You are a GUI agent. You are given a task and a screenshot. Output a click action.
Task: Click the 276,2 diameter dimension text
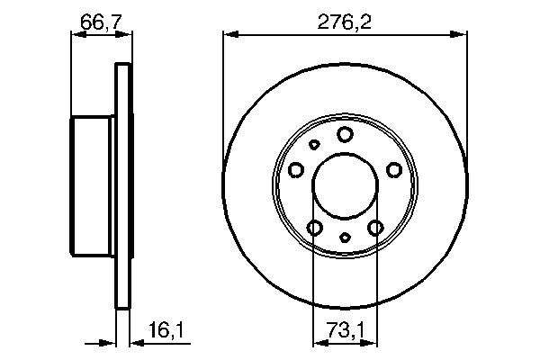tap(345, 20)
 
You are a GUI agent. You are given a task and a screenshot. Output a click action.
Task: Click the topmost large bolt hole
tap(346, 134)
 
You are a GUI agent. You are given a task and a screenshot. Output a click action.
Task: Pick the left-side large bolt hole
tap(296, 168)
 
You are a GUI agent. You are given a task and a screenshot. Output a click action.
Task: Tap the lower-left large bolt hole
tap(315, 227)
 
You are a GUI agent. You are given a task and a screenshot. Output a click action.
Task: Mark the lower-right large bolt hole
tap(376, 227)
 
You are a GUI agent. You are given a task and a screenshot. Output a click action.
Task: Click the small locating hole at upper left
tap(314, 145)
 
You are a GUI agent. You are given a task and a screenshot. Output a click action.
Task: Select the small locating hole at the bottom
tap(346, 238)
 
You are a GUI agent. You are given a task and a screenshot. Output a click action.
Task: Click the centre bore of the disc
tap(346, 186)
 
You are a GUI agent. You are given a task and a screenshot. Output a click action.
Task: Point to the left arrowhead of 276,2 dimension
tap(229, 34)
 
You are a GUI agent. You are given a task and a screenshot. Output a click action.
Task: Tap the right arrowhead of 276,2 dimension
tap(463, 34)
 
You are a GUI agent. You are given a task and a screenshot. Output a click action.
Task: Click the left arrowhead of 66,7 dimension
tap(76, 34)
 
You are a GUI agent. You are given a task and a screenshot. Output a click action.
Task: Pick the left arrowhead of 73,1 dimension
tap(318, 342)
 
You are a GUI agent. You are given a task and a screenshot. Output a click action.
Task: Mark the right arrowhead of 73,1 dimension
tap(373, 342)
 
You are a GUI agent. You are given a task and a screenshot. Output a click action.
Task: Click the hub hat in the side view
tap(94, 186)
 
